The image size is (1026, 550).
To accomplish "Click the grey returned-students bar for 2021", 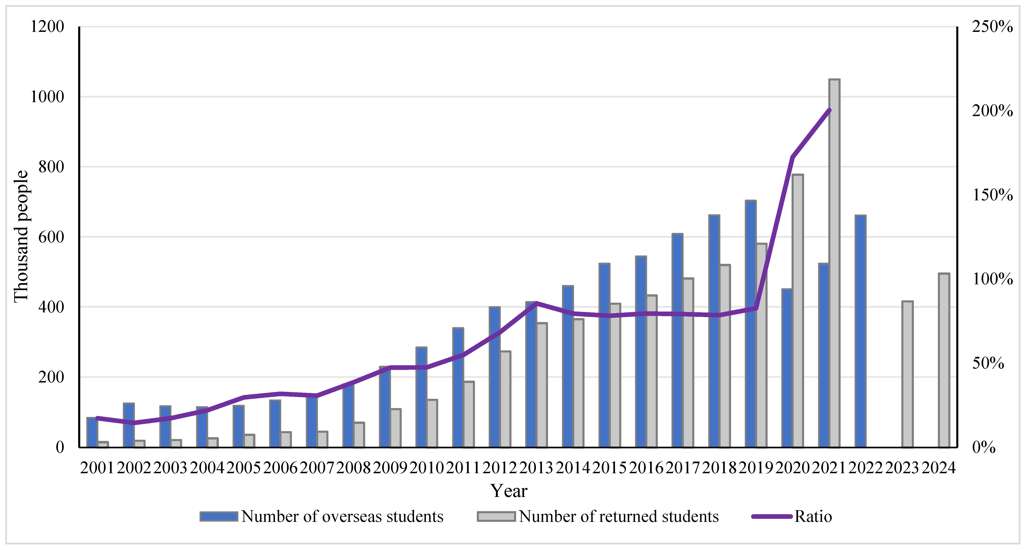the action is tap(834, 263).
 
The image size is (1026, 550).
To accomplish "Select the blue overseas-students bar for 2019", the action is tap(750, 324).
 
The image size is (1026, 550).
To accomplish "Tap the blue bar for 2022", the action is tap(860, 331).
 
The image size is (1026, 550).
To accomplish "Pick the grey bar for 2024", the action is tap(944, 360).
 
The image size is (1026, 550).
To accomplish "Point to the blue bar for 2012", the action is tap(494, 377).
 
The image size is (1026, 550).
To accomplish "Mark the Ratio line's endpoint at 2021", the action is tap(829, 110).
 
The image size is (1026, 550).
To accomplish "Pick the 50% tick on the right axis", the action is tap(988, 363).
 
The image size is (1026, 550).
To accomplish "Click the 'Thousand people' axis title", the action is tap(21, 236).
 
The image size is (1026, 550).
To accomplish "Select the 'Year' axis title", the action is tap(509, 491).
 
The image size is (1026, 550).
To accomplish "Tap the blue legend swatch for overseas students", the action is tap(219, 516).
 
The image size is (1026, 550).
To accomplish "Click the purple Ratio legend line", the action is tap(772, 516).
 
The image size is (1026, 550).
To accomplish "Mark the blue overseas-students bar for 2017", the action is tap(677, 341).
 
